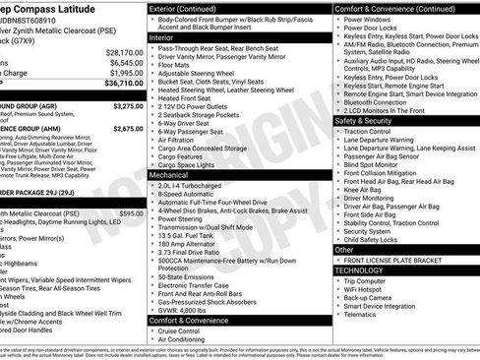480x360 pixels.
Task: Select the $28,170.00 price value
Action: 125,51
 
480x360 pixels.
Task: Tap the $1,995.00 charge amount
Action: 125,73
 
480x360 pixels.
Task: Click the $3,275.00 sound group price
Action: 128,105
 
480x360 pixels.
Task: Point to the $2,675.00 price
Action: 128,128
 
